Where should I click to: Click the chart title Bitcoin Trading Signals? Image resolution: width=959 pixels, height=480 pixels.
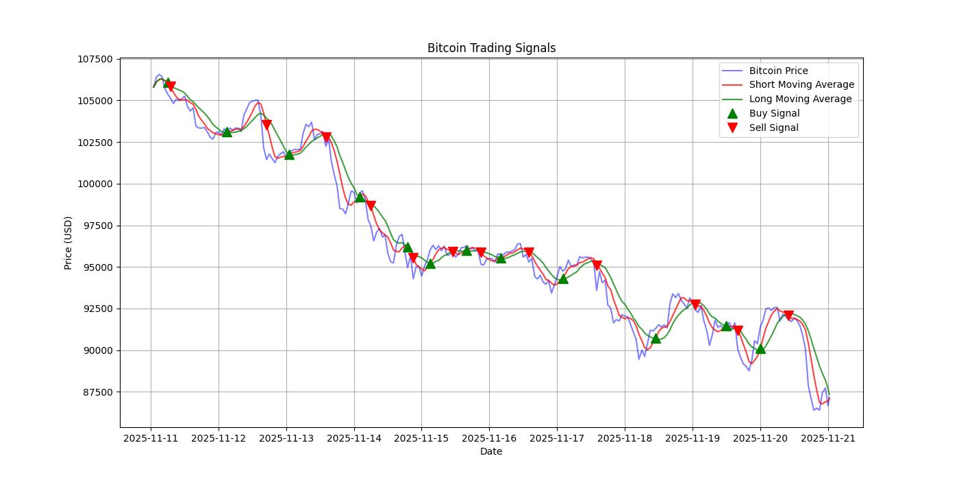491,48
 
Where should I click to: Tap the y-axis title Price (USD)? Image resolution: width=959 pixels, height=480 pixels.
68,243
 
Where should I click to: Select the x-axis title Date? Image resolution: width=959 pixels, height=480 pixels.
491,451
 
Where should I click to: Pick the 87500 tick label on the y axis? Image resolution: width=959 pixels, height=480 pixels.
97,392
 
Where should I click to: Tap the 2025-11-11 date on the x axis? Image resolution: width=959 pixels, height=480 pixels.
151,438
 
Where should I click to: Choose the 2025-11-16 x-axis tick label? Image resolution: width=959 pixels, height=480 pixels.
489,438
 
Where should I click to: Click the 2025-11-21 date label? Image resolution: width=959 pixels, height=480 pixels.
828,438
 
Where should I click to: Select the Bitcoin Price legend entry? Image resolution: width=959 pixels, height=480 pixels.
778,71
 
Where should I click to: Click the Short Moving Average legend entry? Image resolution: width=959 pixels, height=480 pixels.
801,85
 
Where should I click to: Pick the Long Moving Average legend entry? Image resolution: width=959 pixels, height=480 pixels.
800,99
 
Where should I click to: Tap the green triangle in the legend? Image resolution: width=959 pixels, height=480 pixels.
732,113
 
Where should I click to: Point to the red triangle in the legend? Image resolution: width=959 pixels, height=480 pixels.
732,128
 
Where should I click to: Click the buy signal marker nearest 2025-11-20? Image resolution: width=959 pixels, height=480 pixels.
760,348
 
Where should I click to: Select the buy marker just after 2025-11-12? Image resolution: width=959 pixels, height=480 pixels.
227,132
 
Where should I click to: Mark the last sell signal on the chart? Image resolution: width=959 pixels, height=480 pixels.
788,315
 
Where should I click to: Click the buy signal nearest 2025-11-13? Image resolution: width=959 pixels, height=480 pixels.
289,154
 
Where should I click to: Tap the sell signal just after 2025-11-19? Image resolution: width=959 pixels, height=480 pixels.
695,304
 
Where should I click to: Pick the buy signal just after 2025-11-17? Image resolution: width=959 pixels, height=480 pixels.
563,278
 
